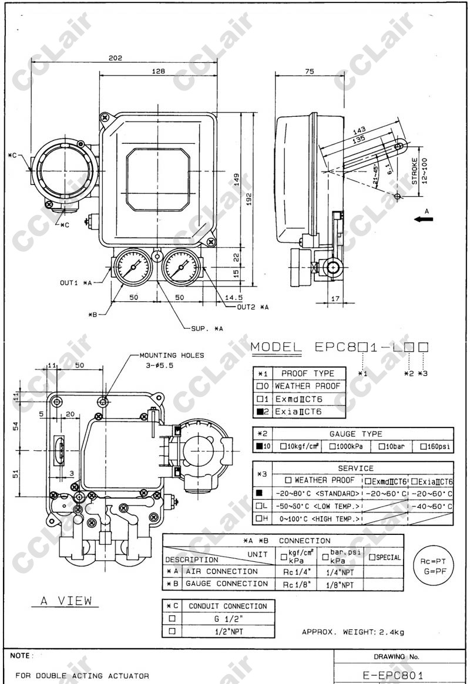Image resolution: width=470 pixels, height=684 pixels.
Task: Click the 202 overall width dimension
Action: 115,58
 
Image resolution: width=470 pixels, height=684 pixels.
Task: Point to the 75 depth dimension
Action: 309,71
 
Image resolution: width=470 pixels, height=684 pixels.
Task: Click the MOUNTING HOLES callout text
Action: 172,355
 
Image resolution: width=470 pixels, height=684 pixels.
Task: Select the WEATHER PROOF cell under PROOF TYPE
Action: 307,386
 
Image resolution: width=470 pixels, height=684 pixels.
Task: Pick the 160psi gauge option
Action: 436,447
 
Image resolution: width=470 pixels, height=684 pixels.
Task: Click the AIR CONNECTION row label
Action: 221,571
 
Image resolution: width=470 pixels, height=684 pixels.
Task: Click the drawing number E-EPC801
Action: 393,675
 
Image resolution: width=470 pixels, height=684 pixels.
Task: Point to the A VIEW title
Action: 66,601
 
